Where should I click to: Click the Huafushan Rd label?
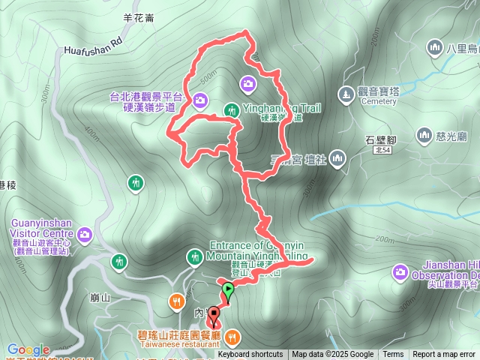(x=93, y=47)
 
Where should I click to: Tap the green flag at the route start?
(x=247, y=35)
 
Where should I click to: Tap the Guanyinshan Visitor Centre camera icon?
(x=84, y=234)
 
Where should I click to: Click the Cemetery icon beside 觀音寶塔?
(x=345, y=94)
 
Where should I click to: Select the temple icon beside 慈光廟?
(x=424, y=136)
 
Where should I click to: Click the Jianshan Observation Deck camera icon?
(x=399, y=271)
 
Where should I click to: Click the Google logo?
(x=28, y=349)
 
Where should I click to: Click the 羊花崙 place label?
(x=139, y=20)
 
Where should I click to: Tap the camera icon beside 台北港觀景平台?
(x=200, y=99)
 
